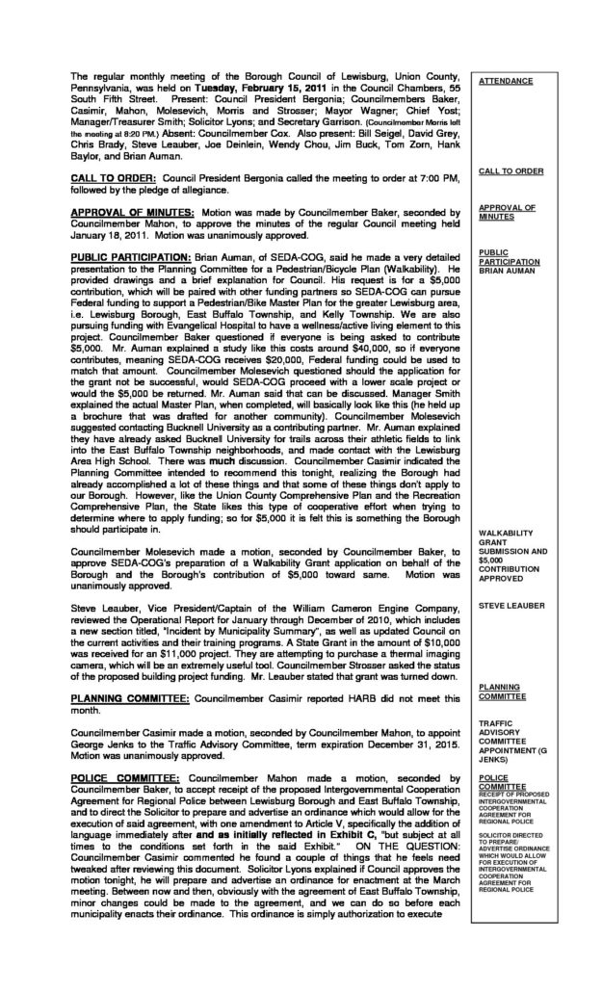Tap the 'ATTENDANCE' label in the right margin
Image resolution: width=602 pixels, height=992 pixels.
506,81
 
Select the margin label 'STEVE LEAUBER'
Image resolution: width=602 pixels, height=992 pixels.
511,606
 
